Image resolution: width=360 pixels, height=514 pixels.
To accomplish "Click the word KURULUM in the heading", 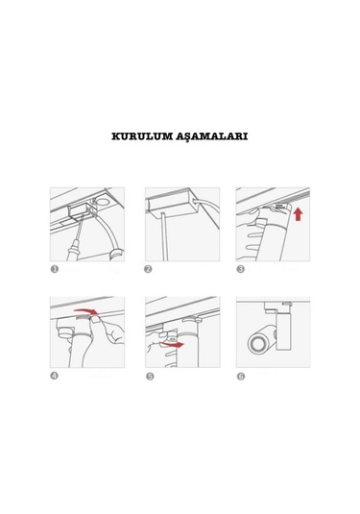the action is [142, 136].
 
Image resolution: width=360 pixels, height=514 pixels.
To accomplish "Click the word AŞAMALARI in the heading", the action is [211, 136].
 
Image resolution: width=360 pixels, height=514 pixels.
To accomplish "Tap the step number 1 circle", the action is [55, 269].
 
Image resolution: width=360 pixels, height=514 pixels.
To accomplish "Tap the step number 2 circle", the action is [148, 269].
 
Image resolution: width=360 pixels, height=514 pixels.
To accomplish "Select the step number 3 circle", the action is [241, 269].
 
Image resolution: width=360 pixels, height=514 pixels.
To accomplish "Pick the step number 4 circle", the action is [55, 376].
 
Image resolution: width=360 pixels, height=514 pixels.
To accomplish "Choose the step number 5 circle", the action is [150, 377].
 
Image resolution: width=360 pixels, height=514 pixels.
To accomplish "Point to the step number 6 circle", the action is [241, 377].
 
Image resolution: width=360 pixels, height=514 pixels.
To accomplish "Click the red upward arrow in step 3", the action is [299, 214].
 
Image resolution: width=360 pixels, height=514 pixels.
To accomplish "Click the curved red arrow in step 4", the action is [85, 310].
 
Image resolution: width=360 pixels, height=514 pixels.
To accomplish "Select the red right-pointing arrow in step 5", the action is [173, 344].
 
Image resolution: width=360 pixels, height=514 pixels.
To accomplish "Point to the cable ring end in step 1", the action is [116, 255].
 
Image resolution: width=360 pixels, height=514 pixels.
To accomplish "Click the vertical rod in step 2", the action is [164, 236].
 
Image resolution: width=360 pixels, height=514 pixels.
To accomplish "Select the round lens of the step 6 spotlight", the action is [257, 344].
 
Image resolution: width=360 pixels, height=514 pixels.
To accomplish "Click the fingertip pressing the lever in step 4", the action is [95, 319].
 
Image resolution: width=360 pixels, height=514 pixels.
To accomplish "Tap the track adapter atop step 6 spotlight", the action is [277, 306].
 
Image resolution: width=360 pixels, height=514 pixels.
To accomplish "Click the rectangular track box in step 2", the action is [170, 204].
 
